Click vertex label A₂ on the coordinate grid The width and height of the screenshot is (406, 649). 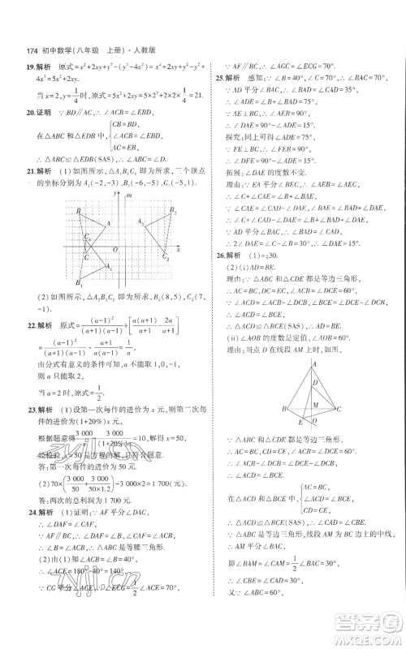tap(140, 221)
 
